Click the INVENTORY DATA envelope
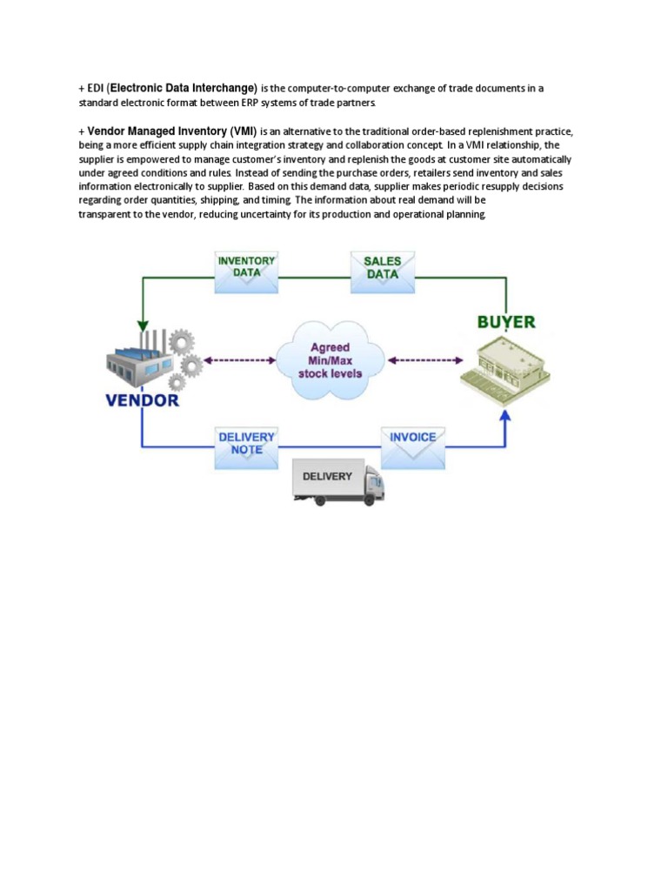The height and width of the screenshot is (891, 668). tap(246, 272)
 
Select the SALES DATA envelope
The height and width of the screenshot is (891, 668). tap(383, 271)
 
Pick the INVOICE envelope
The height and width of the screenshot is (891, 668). tap(413, 441)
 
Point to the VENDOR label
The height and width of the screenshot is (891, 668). tap(142, 401)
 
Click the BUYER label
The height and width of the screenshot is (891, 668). tap(506, 322)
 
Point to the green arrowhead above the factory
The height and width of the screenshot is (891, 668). tap(141, 323)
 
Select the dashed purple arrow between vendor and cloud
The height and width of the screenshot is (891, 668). tap(238, 359)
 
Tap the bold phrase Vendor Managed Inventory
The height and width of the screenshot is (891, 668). tap(157, 131)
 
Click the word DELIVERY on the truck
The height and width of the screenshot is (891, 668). tap(327, 477)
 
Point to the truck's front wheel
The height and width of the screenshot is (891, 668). tap(369, 499)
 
